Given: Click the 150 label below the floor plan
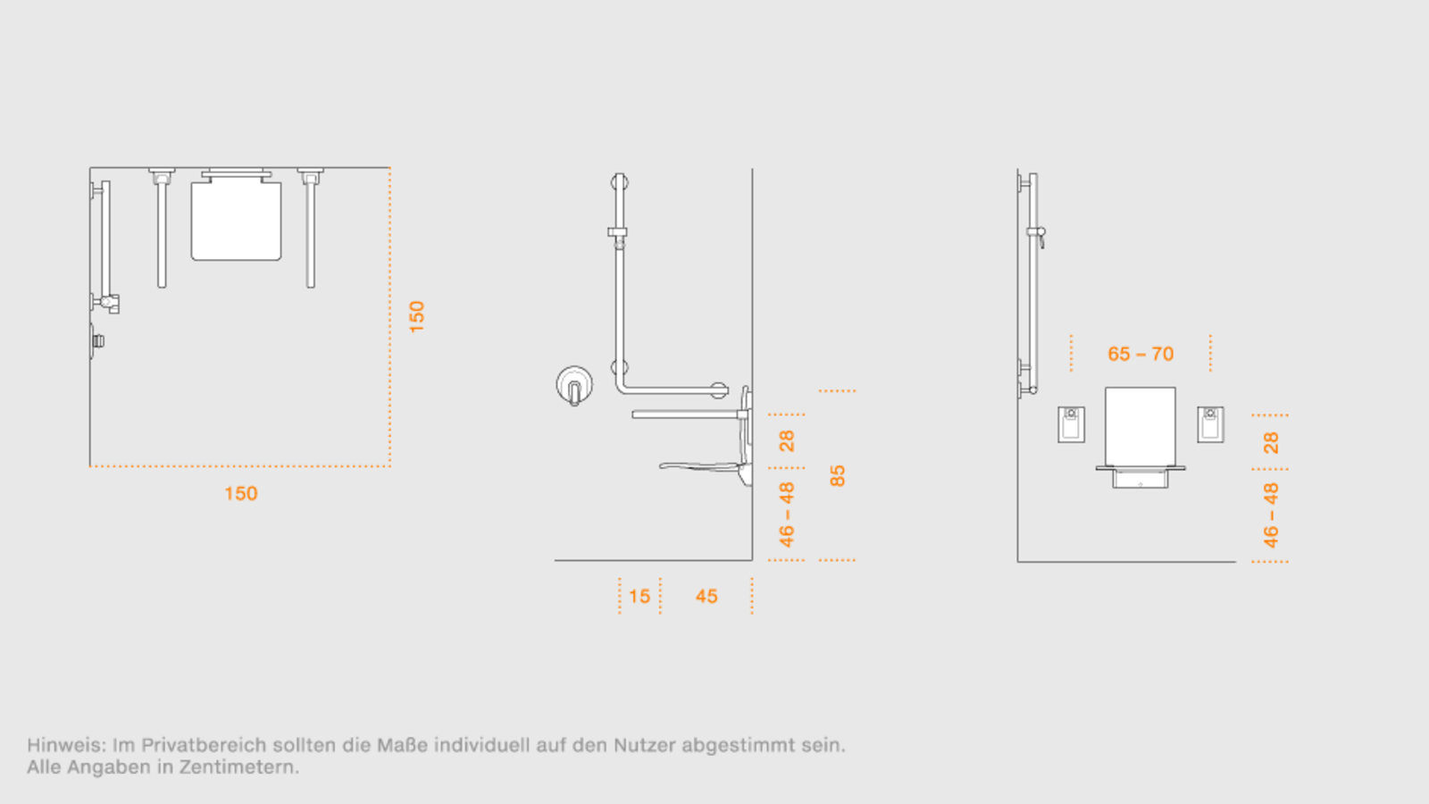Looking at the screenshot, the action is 241,493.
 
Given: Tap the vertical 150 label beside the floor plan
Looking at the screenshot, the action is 416,316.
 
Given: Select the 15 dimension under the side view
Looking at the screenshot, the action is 639,597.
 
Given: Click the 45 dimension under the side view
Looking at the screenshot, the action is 706,597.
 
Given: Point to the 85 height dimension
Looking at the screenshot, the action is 837,476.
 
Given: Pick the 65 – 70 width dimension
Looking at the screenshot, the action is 1141,354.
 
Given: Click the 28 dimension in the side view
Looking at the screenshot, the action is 787,441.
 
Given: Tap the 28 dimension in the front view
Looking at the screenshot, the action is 1271,442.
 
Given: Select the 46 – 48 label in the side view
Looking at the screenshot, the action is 787,515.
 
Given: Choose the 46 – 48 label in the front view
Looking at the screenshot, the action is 1271,515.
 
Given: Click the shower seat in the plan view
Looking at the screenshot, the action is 236,220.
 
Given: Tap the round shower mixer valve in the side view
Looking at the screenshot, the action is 574,385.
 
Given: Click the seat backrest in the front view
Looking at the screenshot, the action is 1141,426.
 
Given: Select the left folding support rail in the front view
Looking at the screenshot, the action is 1071,424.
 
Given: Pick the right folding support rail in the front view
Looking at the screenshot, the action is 1210,424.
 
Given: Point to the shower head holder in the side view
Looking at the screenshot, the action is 617,234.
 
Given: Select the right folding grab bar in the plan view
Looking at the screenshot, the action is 311,229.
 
